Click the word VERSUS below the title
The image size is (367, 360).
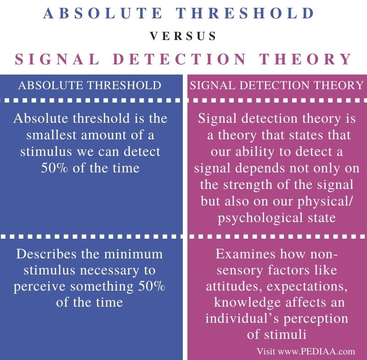coord(183,36)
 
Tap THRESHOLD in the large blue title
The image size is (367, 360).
coord(245,13)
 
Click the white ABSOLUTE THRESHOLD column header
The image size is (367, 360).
coord(90,85)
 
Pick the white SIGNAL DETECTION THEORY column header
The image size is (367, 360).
coord(277,85)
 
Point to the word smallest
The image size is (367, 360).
coord(51,135)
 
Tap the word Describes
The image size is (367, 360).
coord(46,254)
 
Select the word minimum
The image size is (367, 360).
coord(133,254)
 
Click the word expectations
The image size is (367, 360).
coord(307,287)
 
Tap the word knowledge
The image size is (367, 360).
coord(248,303)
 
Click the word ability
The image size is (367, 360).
coord(254,152)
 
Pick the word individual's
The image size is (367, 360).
coord(243,319)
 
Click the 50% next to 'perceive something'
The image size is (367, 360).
coord(152,286)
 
